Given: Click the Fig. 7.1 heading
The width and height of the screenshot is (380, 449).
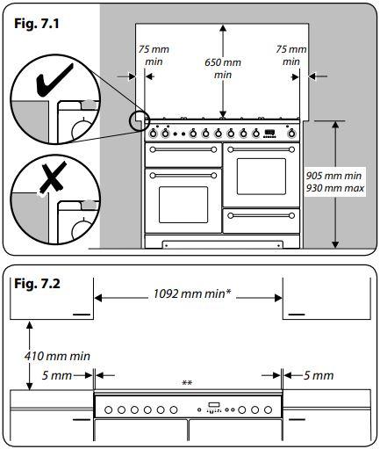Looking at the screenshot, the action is tap(37, 24).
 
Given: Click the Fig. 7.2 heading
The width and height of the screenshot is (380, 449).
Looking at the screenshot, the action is tap(37, 284).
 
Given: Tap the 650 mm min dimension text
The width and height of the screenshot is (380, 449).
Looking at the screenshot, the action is tap(223, 69).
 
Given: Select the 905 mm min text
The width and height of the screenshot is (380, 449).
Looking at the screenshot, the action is tap(333, 176).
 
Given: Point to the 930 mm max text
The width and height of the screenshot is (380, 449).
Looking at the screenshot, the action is tap(335, 188).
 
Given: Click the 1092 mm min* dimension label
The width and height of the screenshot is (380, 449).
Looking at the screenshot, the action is tap(192, 293).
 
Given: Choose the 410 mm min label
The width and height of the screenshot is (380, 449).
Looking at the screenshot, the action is tap(57, 356).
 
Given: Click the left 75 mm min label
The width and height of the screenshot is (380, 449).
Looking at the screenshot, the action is tap(154, 55).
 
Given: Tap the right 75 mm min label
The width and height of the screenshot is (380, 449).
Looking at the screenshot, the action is tap(291, 55).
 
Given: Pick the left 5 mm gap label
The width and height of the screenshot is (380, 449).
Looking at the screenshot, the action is tap(57, 375).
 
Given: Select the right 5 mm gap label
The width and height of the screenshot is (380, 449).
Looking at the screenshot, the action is tap(319, 375).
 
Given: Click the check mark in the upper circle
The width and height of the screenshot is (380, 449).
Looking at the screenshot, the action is tap(54, 81).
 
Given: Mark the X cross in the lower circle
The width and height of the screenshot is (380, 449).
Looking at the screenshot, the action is tap(53, 177).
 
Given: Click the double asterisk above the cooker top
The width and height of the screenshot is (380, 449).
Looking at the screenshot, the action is tap(187, 383).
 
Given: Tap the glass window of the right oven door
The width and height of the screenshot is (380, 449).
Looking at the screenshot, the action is tap(262, 177).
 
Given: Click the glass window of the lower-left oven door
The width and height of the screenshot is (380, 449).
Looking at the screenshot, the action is tap(183, 205).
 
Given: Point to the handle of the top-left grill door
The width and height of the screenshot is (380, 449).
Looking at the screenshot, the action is tap(183, 149).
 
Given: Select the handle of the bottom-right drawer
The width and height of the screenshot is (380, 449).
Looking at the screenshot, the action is tap(261, 216).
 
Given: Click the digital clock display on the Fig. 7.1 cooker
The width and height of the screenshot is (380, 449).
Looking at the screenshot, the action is tap(269, 132).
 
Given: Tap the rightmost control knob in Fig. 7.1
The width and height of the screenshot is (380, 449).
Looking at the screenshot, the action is tap(290, 134).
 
